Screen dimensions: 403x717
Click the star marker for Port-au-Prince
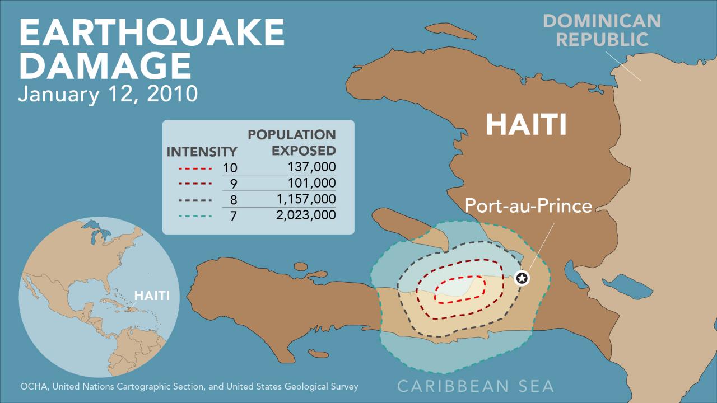coord(522,278)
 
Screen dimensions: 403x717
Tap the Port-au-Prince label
coord(528,205)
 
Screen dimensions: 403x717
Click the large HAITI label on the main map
coord(526,124)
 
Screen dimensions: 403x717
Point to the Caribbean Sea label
coord(476,386)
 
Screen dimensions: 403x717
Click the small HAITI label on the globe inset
coord(151,296)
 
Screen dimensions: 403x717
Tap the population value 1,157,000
coord(306,199)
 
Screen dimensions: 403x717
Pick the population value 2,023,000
coord(306,215)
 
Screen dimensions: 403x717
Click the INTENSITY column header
coord(202,152)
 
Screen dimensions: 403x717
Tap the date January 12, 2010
coord(108,93)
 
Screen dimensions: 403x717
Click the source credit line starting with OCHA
coord(189,386)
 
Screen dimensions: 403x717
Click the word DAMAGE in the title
coord(105,65)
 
